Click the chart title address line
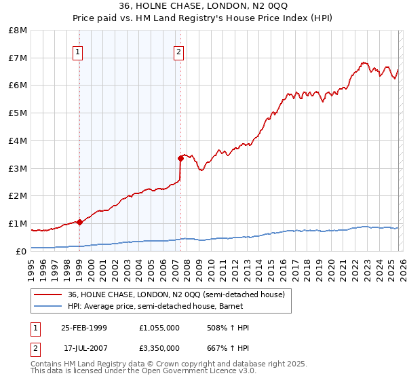(x=203, y=6)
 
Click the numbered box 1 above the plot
(x=78, y=52)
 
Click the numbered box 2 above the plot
(x=178, y=52)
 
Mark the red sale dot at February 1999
(x=79, y=222)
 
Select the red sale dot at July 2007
(x=180, y=158)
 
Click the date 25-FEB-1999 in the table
(x=84, y=328)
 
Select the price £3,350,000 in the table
(x=159, y=347)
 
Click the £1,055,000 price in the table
(x=159, y=328)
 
